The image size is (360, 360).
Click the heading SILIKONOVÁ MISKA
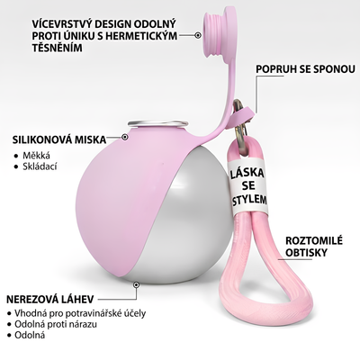click(59, 139)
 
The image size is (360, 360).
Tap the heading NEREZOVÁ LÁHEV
click(50, 299)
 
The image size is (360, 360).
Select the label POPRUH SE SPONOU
click(305, 69)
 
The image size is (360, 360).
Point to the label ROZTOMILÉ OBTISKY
click(314, 247)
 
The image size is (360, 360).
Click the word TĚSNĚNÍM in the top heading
click(58, 48)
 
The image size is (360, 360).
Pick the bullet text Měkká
click(36, 156)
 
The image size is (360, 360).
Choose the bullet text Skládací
click(40, 166)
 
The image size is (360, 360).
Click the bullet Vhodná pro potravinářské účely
click(80, 313)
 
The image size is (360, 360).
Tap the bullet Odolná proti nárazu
click(56, 324)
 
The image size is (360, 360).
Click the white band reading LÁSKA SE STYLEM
click(247, 187)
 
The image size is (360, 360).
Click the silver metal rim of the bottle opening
click(158, 123)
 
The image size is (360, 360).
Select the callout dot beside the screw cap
click(198, 35)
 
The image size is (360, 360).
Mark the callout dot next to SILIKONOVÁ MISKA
click(125, 137)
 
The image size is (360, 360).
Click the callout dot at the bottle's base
click(137, 284)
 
